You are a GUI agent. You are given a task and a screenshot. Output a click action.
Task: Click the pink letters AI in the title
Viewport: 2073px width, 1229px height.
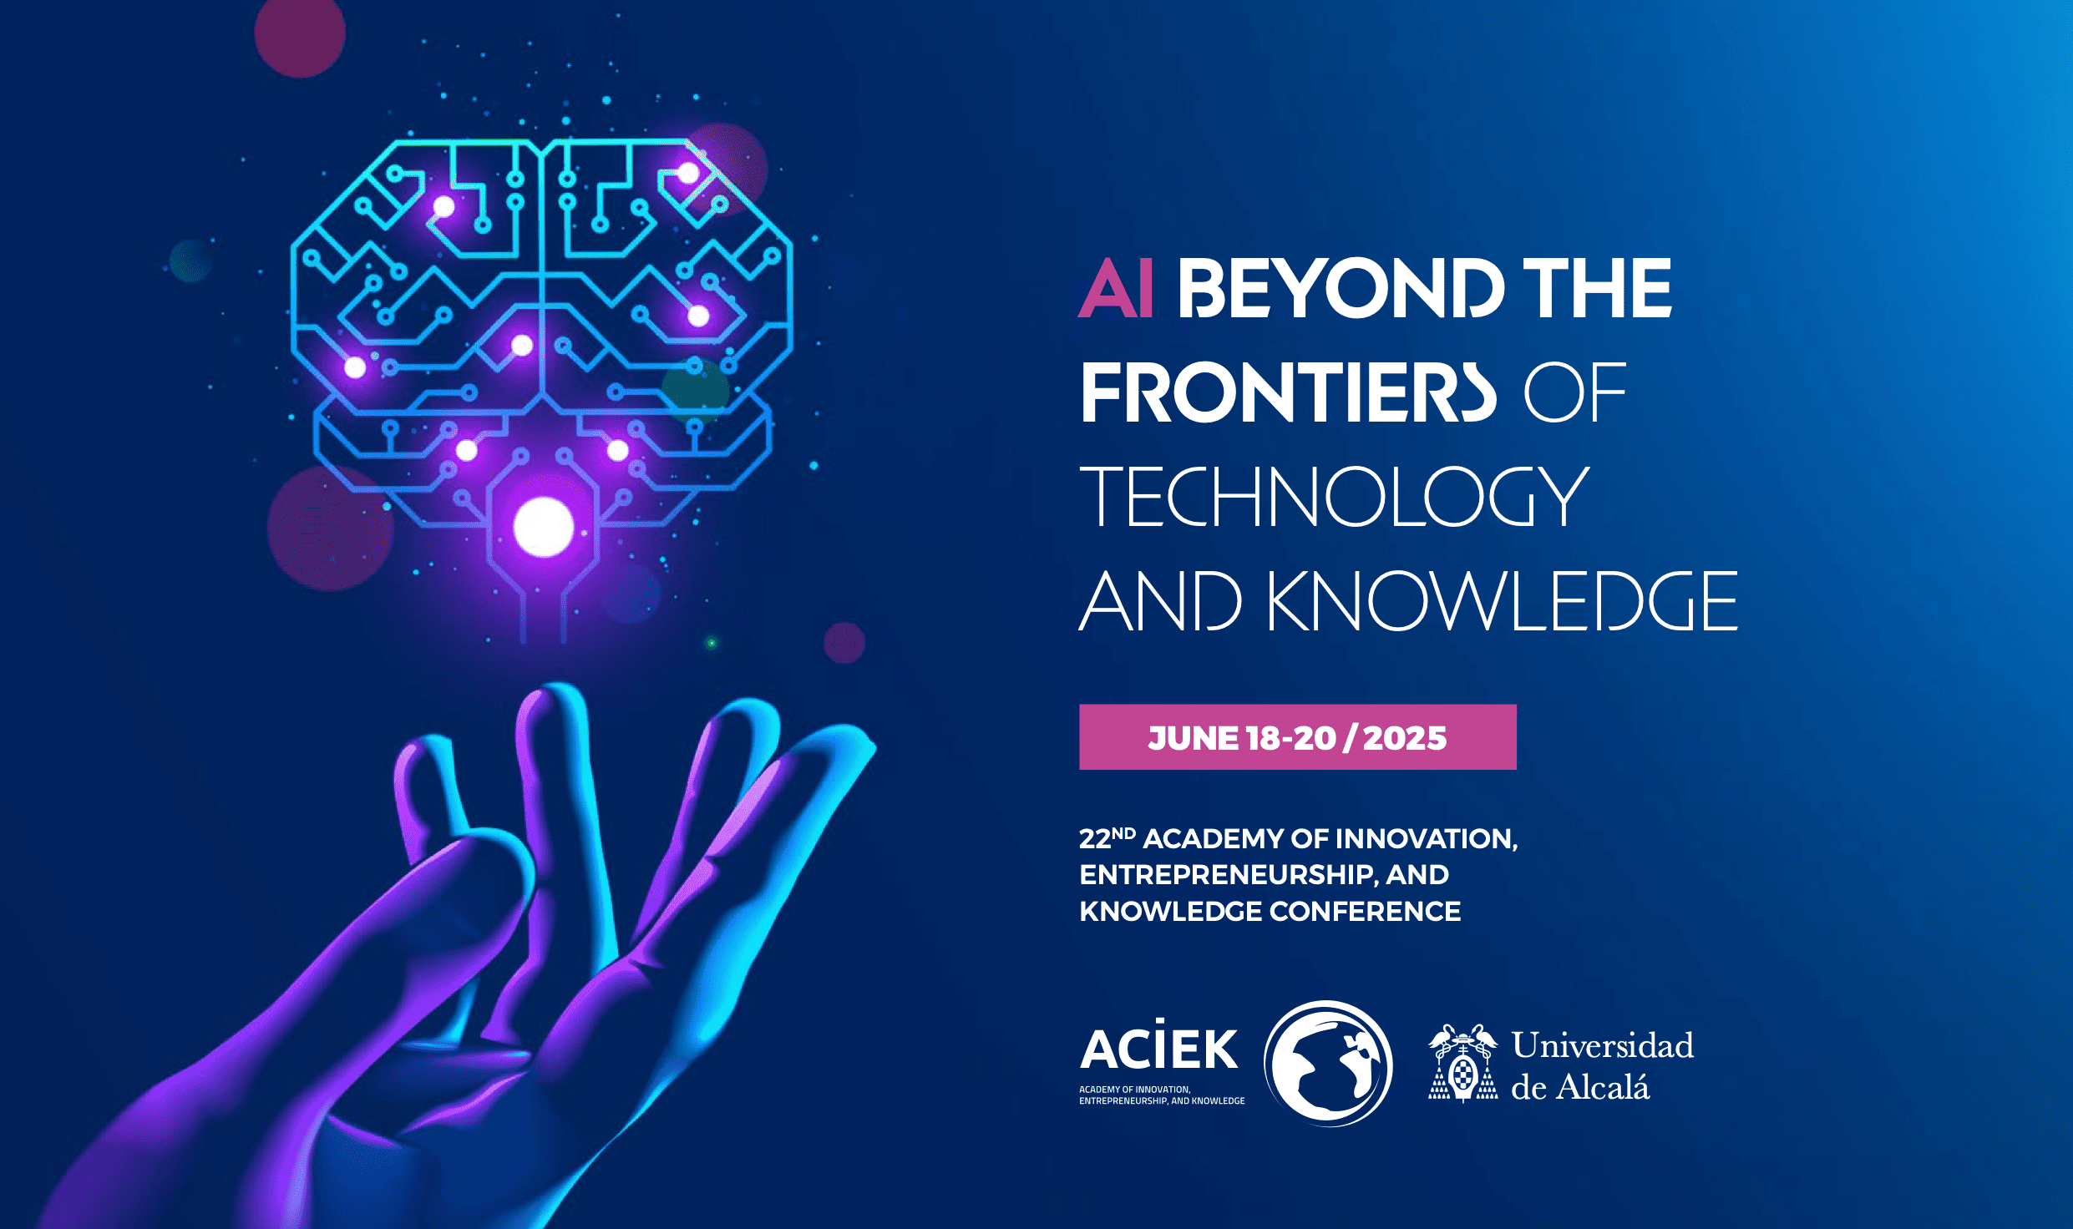coord(1116,287)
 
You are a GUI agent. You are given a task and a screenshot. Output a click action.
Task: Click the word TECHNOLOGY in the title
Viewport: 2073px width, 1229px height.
coord(1334,496)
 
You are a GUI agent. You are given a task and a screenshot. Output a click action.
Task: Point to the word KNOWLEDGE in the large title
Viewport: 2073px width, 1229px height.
coord(1503,600)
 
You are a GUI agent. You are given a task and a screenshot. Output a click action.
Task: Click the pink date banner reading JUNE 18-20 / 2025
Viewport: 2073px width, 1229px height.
coord(1297,737)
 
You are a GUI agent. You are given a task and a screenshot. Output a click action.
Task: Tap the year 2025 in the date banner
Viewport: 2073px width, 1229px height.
coord(1405,738)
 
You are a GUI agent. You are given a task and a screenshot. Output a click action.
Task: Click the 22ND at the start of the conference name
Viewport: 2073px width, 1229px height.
coord(1107,837)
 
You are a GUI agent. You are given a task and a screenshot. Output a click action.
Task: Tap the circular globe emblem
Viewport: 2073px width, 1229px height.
coord(1328,1064)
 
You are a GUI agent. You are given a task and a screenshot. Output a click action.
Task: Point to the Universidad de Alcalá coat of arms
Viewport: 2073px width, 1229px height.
coord(1462,1064)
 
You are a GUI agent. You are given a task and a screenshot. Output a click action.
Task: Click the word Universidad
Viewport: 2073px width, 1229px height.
coord(1603,1045)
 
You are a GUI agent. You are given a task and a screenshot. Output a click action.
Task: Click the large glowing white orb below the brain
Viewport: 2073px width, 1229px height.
coord(544,527)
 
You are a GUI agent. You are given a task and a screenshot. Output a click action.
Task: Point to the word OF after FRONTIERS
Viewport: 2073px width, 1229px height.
coord(1575,392)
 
